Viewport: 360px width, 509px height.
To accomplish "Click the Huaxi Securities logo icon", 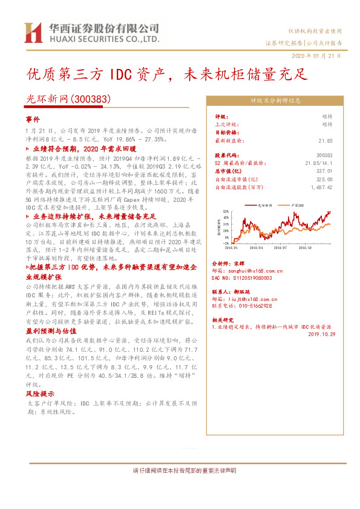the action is (31, 33).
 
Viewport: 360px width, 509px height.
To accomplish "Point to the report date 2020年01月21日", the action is (316, 55).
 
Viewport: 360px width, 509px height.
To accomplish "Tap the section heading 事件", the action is (32, 120).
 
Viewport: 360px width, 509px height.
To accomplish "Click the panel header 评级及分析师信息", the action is (276, 102).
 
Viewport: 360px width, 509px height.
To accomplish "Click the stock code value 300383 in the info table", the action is (323, 155).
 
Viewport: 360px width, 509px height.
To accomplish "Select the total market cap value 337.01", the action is (324, 171).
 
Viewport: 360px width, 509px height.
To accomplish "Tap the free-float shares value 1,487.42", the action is (321, 187).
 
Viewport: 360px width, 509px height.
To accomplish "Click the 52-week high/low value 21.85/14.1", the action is (318, 163).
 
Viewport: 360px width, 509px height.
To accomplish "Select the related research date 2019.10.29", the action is (320, 333).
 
